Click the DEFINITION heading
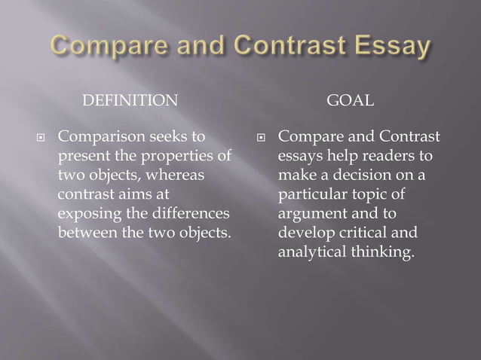[x=130, y=101]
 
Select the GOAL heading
[x=350, y=101]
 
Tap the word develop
[x=302, y=232]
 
